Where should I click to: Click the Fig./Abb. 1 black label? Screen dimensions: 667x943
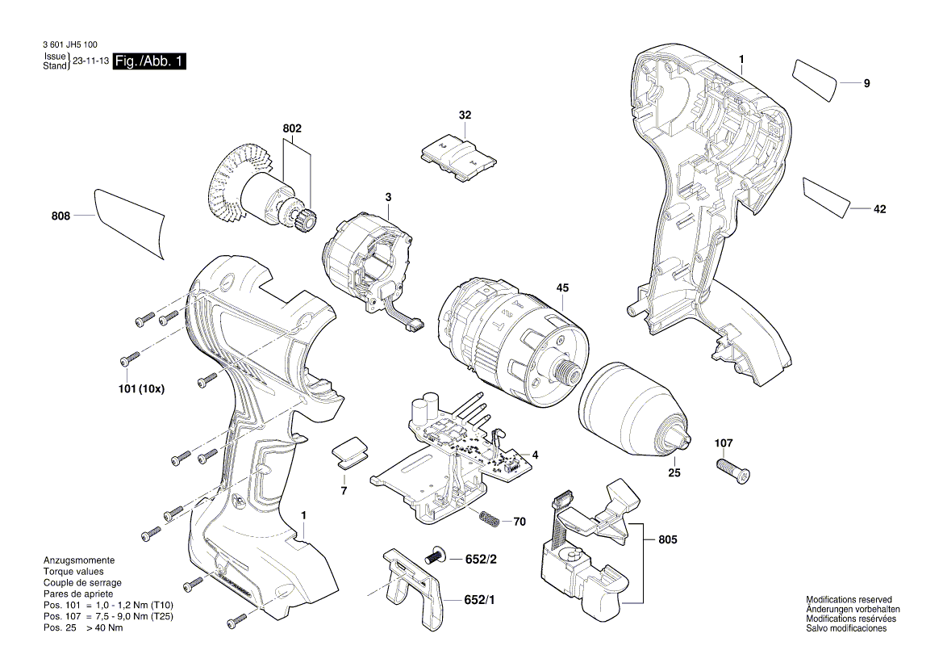coord(149,62)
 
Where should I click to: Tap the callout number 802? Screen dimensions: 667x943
coord(292,128)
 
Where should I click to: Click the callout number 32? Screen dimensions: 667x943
coord(465,115)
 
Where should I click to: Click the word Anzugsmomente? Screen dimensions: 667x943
coord(78,560)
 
